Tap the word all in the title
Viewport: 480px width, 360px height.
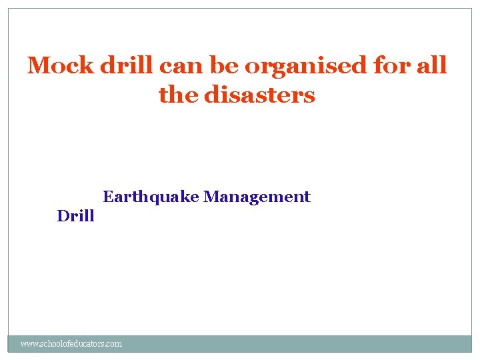coord(429,66)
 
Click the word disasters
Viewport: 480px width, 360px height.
coord(259,95)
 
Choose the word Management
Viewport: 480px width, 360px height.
coord(257,197)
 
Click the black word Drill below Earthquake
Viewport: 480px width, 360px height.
coord(75,216)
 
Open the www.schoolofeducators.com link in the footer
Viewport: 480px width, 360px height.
coord(71,344)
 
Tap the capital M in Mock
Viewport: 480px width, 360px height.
coord(37,66)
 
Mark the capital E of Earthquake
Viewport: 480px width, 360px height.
coord(107,197)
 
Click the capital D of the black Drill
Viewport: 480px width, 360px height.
coord(62,216)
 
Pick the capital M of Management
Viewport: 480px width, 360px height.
coord(211,197)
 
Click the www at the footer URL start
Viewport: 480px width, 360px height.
coord(29,344)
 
